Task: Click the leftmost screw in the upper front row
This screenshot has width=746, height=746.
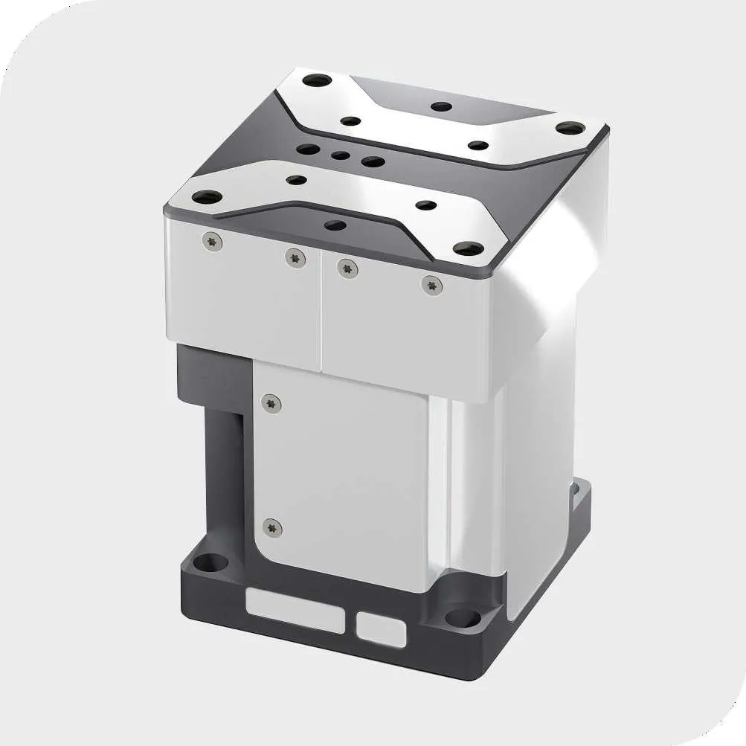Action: [x=213, y=242]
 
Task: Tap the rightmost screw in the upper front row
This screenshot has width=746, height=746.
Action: [x=432, y=284]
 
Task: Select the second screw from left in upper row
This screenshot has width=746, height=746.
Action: [x=295, y=257]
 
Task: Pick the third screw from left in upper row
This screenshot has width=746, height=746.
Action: [x=347, y=268]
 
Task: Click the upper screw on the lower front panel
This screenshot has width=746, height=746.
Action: [x=272, y=402]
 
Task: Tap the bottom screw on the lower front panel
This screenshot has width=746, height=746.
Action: [x=273, y=527]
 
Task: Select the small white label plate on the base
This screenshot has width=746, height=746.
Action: [x=381, y=629]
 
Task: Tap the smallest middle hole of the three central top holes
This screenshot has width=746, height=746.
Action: [x=341, y=156]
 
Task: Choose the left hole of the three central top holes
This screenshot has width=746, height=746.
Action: [x=308, y=150]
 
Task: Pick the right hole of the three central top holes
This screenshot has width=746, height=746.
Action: [x=372, y=161]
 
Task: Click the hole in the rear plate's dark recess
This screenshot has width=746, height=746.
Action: [x=442, y=106]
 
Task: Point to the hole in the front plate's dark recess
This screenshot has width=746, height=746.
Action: [x=335, y=225]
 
